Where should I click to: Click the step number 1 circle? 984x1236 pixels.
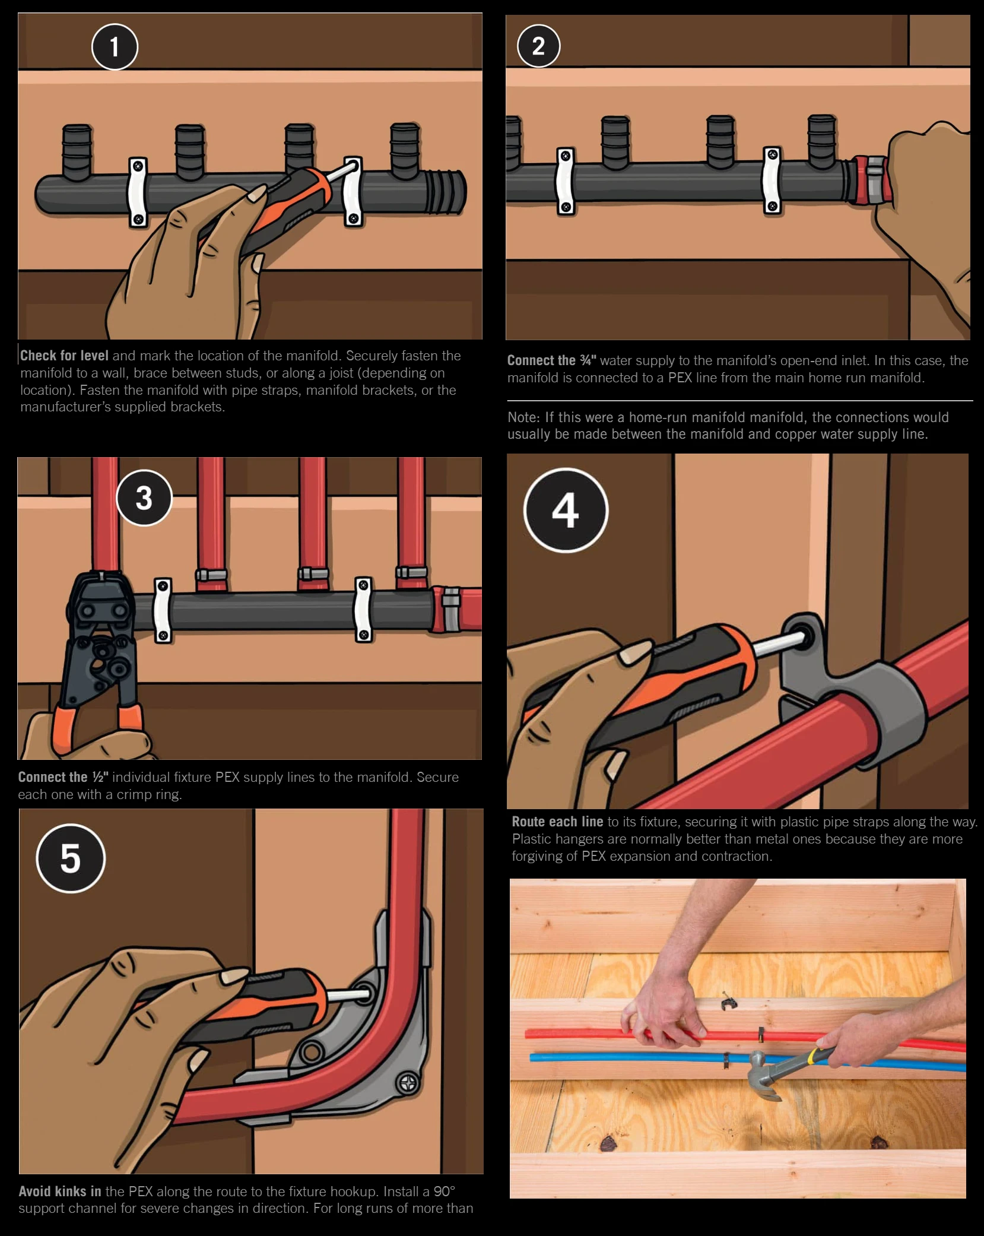point(115,47)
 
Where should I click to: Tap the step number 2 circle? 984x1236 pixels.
point(538,46)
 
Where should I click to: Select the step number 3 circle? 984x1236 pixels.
point(144,498)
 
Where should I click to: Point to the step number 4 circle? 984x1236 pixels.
point(566,511)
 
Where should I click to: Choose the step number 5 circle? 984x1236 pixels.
point(71,858)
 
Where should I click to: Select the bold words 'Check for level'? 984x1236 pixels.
point(64,356)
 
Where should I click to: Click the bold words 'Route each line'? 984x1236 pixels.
point(557,822)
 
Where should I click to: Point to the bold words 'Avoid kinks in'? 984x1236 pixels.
point(60,1191)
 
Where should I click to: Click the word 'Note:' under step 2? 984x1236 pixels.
point(523,417)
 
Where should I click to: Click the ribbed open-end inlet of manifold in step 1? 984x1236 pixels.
point(446,191)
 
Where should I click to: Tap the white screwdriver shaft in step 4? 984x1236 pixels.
point(777,644)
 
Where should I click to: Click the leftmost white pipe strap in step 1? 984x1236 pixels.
point(138,192)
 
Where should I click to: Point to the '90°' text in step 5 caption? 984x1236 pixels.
point(444,1191)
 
